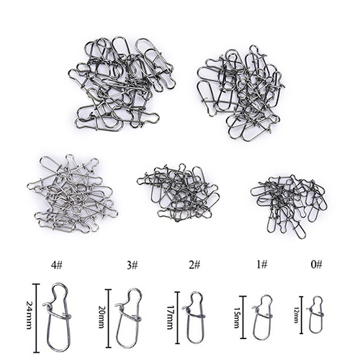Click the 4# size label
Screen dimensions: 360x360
(57, 265)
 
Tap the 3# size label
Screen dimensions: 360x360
(132, 265)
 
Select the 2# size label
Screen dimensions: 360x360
(194, 265)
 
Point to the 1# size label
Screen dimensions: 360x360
(261, 265)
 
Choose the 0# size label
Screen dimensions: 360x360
(316, 264)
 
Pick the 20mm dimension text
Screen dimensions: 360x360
(101, 317)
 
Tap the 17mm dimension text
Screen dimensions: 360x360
(170, 318)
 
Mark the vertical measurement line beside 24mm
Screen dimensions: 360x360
(37, 318)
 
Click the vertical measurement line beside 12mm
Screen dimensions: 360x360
(302, 315)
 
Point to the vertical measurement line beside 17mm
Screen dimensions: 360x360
(178, 318)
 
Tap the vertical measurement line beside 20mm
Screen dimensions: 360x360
(109, 318)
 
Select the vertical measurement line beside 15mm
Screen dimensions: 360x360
(243, 317)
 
